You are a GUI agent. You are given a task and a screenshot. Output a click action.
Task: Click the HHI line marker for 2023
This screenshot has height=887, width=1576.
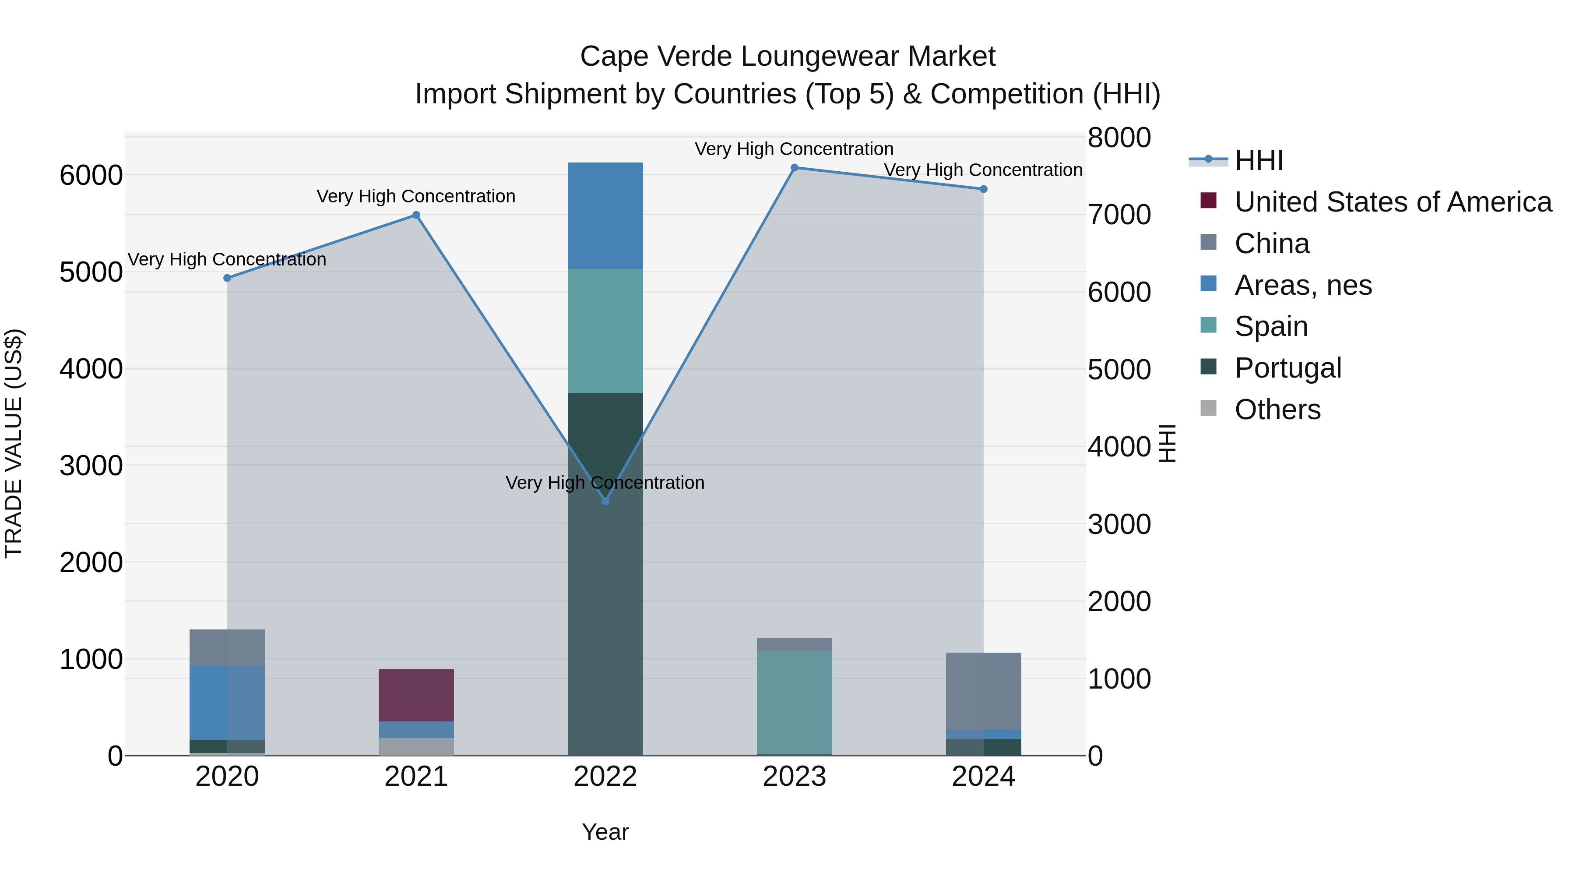[794, 168]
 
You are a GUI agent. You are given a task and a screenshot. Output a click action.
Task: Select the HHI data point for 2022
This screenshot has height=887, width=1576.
[605, 502]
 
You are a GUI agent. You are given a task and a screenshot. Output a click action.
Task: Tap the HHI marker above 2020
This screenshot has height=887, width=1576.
[227, 278]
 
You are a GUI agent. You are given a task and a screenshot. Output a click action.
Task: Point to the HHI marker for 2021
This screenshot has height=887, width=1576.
[416, 215]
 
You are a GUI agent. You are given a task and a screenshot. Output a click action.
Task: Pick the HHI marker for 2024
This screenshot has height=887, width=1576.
[983, 189]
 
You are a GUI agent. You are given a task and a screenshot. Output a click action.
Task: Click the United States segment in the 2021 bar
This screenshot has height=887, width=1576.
[416, 696]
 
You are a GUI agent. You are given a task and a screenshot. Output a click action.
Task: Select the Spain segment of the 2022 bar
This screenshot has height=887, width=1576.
[605, 331]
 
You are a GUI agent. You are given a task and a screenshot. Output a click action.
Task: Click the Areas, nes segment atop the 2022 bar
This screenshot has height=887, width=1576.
[605, 216]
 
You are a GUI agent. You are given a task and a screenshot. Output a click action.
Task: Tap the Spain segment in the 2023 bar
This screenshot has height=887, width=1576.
[794, 702]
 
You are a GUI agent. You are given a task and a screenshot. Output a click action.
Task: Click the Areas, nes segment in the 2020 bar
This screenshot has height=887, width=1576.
[227, 703]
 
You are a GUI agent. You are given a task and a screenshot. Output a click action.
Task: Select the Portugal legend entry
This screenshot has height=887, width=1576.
[1287, 368]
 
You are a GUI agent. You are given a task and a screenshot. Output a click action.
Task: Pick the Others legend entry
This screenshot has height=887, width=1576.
[1277, 410]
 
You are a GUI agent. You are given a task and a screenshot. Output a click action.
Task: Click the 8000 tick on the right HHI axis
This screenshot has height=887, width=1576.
[1119, 138]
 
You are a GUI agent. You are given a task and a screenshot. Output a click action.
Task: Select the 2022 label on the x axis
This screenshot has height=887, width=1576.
[605, 777]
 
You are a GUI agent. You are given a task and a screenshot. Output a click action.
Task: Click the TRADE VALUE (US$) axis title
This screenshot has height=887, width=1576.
[14, 443]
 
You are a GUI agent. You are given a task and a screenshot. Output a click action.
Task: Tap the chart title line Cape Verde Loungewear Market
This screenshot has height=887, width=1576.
[788, 57]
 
